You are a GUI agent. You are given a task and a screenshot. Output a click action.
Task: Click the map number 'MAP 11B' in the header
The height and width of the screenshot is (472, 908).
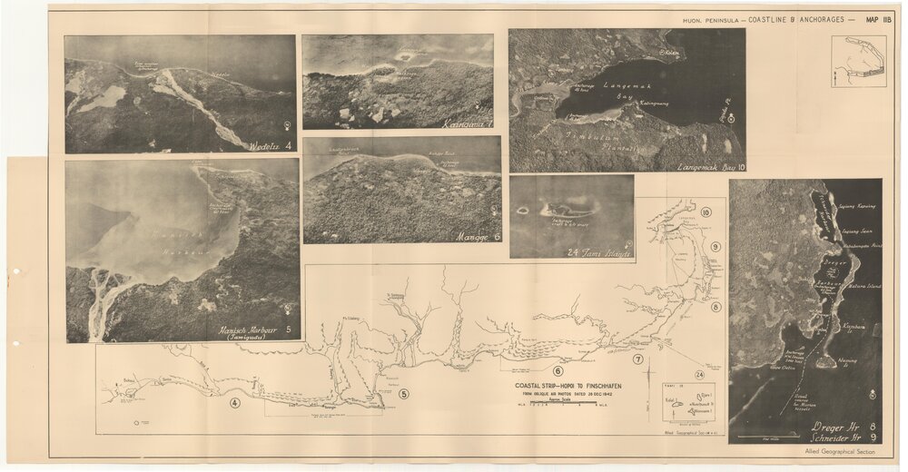880,19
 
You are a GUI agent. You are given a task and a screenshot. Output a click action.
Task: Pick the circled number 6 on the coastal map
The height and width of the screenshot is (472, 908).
558,370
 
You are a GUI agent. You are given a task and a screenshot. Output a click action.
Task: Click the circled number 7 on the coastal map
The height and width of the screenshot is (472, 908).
638,359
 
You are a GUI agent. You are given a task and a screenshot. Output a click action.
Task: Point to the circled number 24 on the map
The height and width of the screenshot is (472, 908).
699,374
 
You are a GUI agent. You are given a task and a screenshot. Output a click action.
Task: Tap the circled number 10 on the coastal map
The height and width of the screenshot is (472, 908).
706,213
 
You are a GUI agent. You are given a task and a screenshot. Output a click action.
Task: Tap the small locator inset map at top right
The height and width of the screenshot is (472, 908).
858,61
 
